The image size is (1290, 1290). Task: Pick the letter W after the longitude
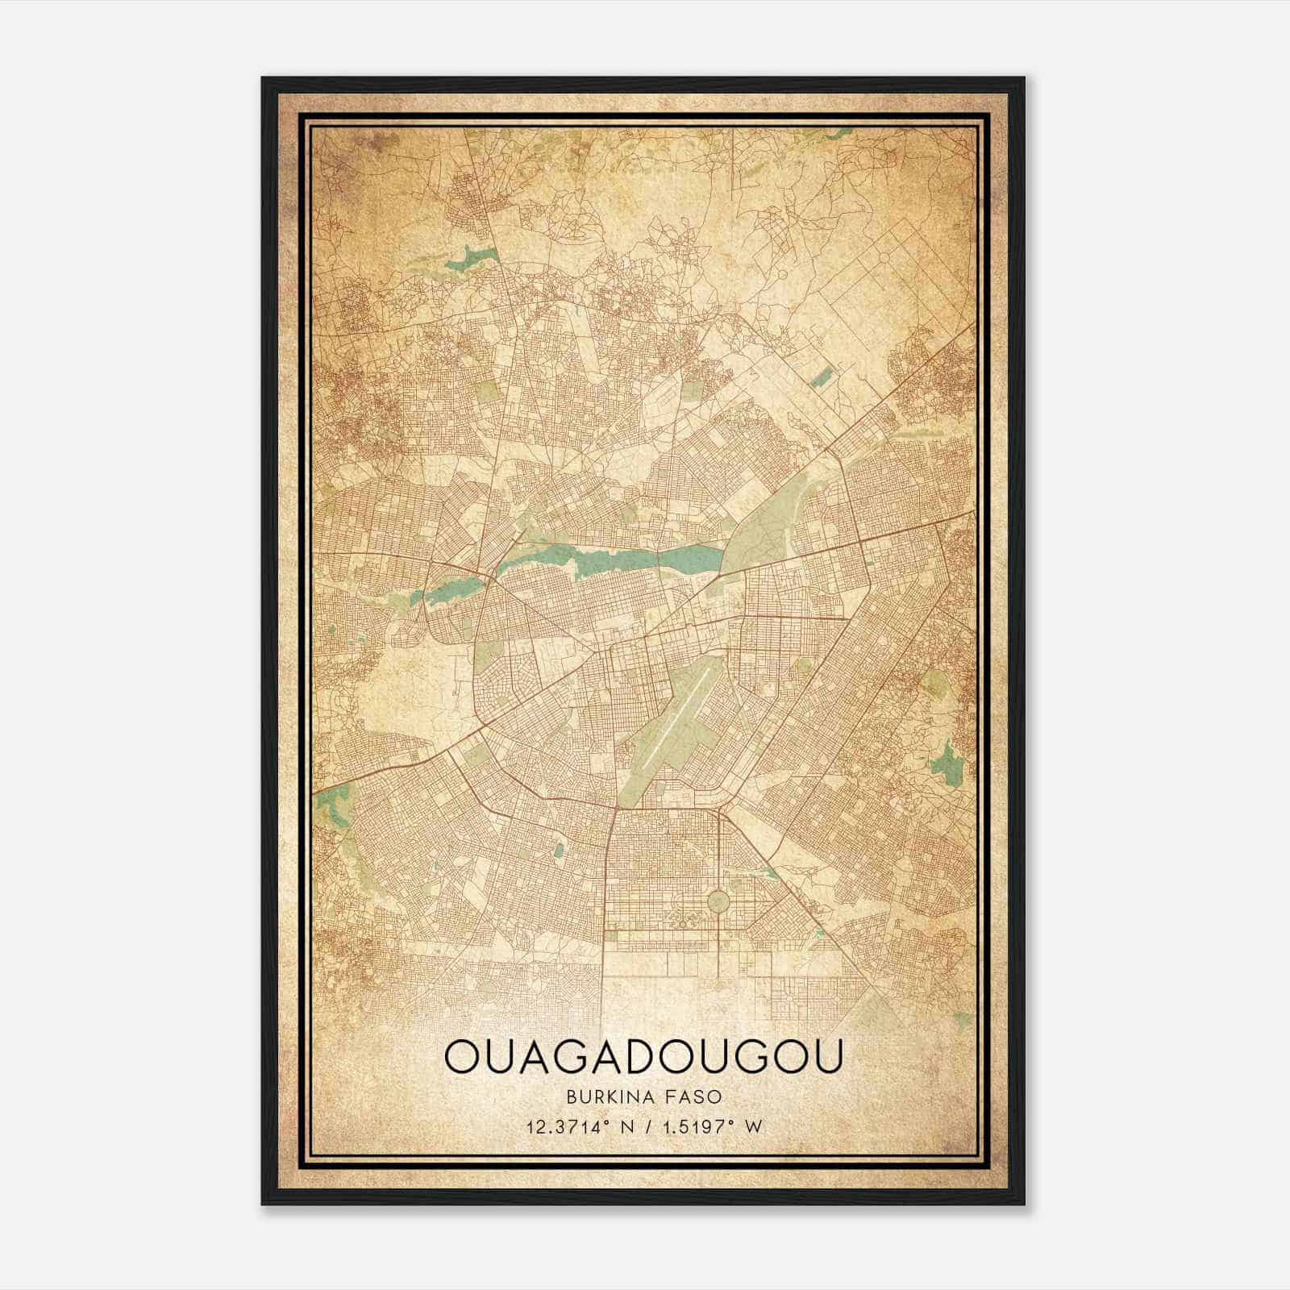(754, 1128)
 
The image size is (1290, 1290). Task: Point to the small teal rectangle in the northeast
(822, 376)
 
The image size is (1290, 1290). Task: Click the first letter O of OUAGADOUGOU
(463, 1056)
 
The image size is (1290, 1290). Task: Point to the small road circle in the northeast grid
(883, 256)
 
